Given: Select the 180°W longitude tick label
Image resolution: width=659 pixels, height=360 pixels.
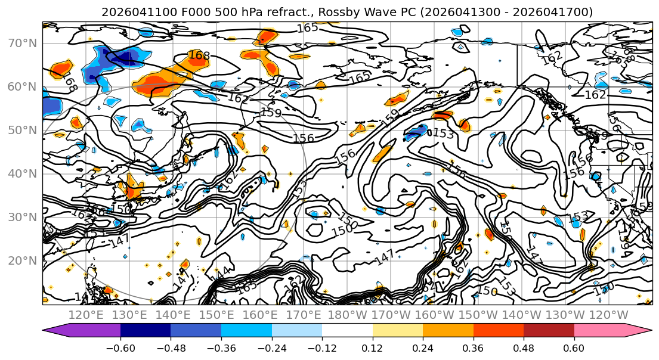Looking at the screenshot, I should click(348, 315).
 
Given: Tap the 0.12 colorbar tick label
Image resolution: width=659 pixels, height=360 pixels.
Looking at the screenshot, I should click(373, 348).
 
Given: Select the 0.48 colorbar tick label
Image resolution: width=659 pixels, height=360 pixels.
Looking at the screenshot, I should click(524, 348).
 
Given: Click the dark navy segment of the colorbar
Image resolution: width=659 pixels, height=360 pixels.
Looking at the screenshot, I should click(146, 331).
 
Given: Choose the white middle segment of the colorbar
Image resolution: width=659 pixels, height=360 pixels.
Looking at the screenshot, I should click(347, 331).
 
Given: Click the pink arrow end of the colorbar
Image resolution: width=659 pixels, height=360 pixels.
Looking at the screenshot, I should click(608, 331).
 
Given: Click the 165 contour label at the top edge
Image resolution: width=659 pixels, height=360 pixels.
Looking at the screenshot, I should click(307, 27).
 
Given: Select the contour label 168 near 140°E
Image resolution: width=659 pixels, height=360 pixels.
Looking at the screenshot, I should click(199, 55).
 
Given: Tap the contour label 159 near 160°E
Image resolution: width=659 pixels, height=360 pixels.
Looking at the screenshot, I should click(271, 112).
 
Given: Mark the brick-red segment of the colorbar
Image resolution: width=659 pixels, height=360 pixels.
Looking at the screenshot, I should click(549, 331).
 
